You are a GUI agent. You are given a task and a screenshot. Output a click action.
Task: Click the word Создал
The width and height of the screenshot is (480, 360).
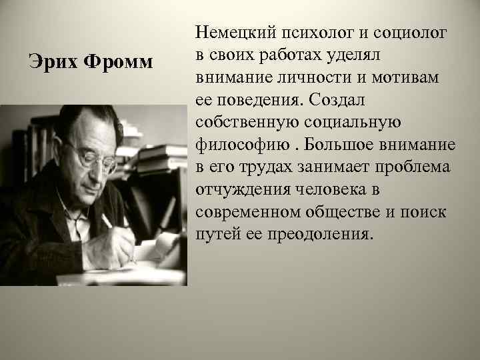(345, 99)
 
